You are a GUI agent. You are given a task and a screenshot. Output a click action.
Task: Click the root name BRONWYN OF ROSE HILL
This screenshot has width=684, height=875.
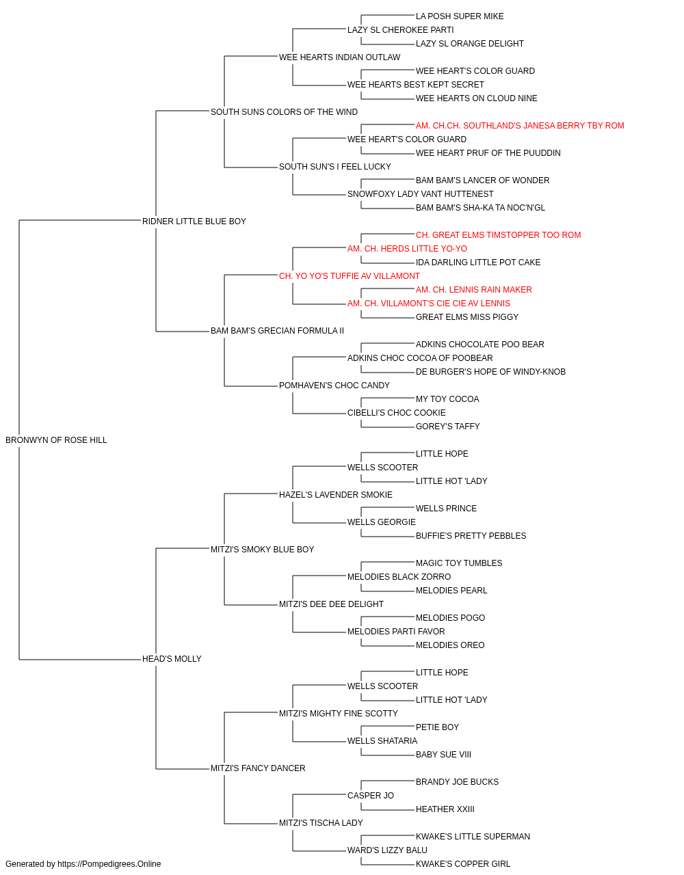click(56, 440)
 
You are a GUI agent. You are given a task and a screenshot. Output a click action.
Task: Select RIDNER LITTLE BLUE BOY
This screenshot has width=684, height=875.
click(194, 221)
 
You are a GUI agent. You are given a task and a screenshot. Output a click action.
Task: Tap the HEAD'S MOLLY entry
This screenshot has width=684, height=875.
click(172, 659)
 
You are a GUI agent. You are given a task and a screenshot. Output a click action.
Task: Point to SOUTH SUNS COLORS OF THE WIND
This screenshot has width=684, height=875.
click(284, 112)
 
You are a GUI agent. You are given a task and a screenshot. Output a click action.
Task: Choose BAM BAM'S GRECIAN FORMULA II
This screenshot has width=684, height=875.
click(277, 331)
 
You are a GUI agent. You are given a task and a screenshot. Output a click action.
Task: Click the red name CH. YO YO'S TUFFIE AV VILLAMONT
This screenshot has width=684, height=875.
click(350, 275)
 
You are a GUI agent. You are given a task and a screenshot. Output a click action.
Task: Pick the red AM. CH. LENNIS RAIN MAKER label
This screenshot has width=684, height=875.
click(474, 290)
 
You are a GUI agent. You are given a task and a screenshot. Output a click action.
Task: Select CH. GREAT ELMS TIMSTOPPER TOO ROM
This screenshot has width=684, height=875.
click(499, 234)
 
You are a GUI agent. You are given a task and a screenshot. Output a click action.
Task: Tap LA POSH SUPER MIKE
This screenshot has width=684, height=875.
click(460, 16)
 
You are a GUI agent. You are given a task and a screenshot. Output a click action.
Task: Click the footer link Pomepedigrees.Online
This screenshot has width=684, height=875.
click(109, 864)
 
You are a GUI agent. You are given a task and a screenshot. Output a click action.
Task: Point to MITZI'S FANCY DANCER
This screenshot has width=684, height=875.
click(258, 768)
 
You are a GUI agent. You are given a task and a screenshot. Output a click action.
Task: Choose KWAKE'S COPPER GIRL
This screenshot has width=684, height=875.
click(463, 864)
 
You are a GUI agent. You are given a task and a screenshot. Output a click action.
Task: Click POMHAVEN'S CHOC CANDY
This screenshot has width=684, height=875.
click(334, 386)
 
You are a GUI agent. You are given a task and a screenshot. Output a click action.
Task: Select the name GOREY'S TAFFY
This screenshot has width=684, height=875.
click(447, 427)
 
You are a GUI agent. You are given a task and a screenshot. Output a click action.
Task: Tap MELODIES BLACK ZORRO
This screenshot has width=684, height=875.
click(399, 577)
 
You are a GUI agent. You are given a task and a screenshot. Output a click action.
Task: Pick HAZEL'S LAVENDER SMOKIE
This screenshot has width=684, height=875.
click(336, 494)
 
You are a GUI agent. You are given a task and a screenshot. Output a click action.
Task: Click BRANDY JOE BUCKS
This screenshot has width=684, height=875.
click(457, 782)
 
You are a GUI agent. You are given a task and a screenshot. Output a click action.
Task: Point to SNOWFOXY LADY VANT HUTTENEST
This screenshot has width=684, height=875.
click(420, 193)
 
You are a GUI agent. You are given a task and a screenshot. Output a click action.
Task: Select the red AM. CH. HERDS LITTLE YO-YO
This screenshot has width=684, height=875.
click(407, 248)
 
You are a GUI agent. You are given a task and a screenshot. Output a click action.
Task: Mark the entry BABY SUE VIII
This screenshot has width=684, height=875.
click(443, 755)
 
